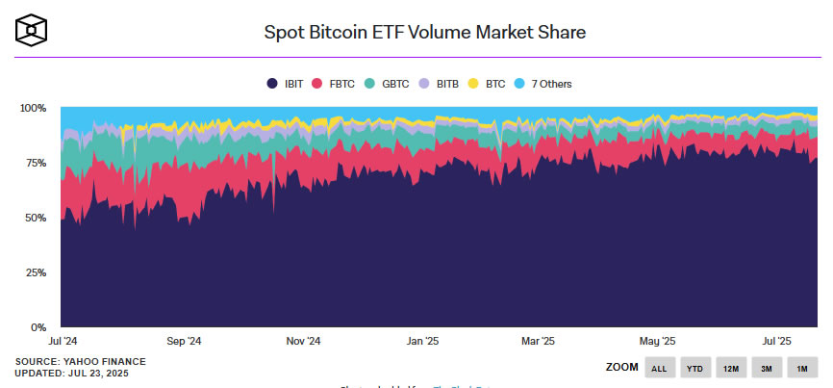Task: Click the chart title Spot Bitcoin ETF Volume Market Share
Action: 425,32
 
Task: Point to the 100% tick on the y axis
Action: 34,108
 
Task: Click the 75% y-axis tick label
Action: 37,163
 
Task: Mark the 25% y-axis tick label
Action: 37,272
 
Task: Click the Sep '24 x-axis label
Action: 183,341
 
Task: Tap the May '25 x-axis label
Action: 658,341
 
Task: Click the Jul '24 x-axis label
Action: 63,341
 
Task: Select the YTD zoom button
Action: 694,368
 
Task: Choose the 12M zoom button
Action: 730,368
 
